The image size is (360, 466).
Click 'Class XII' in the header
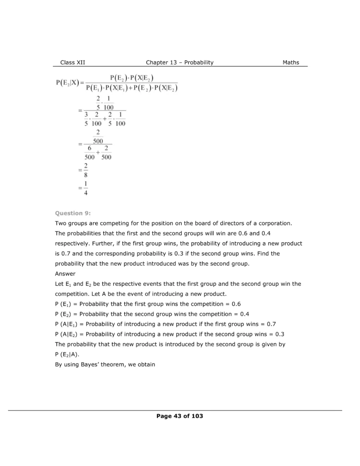(72, 62)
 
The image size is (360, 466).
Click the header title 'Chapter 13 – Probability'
(180, 62)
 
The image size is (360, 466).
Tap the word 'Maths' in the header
(291, 62)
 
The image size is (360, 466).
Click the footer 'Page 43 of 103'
(180, 416)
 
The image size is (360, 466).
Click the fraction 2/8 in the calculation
(86, 171)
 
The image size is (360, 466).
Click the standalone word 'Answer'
(65, 274)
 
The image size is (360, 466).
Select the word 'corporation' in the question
(274, 223)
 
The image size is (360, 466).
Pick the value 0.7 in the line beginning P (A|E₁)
(271, 324)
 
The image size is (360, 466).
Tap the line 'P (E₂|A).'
(70, 355)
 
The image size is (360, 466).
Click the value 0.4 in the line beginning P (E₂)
(244, 314)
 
